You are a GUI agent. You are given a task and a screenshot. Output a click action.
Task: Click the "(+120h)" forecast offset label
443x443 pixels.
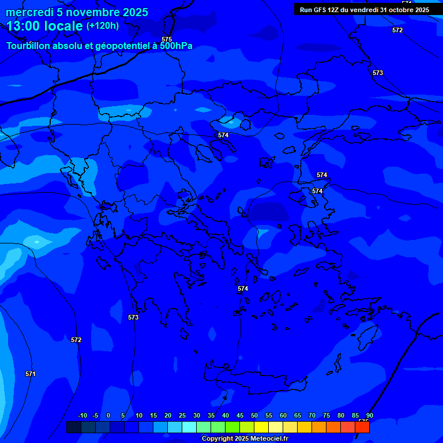click(x=103, y=26)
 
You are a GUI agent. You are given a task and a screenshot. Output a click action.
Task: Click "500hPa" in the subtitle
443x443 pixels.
click(x=177, y=46)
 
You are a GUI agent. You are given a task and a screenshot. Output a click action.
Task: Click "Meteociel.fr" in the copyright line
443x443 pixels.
click(x=269, y=439)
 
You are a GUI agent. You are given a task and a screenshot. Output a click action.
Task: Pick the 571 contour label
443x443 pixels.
click(x=31, y=374)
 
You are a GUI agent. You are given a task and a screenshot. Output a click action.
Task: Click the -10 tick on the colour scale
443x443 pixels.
click(x=82, y=415)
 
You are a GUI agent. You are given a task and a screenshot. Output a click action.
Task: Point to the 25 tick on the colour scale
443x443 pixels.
click(x=182, y=415)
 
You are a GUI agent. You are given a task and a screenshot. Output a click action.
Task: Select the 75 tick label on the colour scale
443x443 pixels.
click(x=326, y=415)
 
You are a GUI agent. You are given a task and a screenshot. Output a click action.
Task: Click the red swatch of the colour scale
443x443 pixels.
click(x=362, y=427)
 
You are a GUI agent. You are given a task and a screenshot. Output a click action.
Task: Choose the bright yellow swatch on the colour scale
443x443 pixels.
click(x=261, y=427)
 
